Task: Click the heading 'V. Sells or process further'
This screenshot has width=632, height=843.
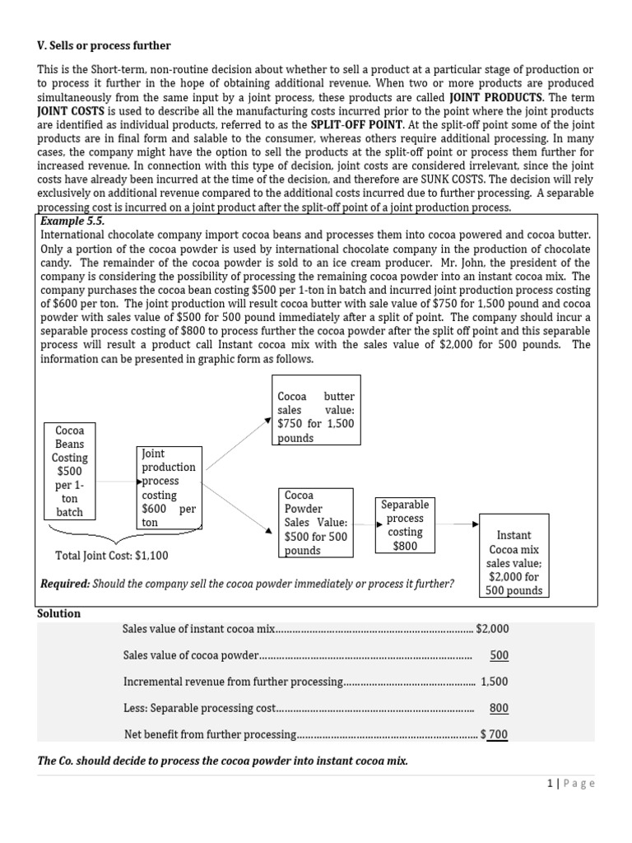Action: click(x=105, y=45)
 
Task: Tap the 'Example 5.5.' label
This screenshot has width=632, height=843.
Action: click(x=72, y=222)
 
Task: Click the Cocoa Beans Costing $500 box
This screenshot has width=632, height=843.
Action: click(x=69, y=471)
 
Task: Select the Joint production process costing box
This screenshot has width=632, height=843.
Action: click(x=169, y=487)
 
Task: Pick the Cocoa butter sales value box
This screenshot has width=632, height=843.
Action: click(x=316, y=410)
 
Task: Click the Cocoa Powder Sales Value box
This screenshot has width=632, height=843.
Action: click(x=316, y=523)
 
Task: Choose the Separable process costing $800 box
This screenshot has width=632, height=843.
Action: click(x=405, y=524)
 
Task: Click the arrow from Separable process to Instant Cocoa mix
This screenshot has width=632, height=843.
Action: click(x=457, y=524)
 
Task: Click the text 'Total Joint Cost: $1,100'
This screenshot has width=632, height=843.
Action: click(x=112, y=556)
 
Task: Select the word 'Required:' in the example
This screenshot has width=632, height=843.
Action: click(x=65, y=584)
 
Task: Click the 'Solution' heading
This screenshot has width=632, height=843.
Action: click(x=59, y=613)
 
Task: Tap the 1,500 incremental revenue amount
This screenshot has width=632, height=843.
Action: click(x=495, y=682)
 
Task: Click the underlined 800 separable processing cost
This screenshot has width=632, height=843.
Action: click(x=499, y=708)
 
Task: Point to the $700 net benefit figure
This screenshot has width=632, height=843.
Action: click(x=495, y=734)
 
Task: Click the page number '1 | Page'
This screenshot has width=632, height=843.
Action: click(x=570, y=784)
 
